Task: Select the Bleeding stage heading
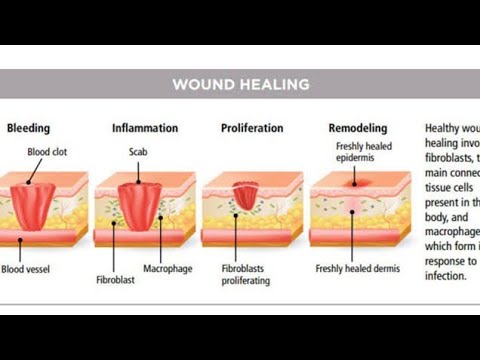point(28,128)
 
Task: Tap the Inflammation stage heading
point(144,128)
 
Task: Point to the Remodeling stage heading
point(358,128)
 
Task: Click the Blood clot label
point(47,151)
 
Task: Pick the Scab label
point(138,151)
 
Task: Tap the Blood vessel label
point(27,269)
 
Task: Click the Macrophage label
point(167,269)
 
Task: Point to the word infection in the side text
point(446,275)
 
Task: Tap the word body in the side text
point(438,215)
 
